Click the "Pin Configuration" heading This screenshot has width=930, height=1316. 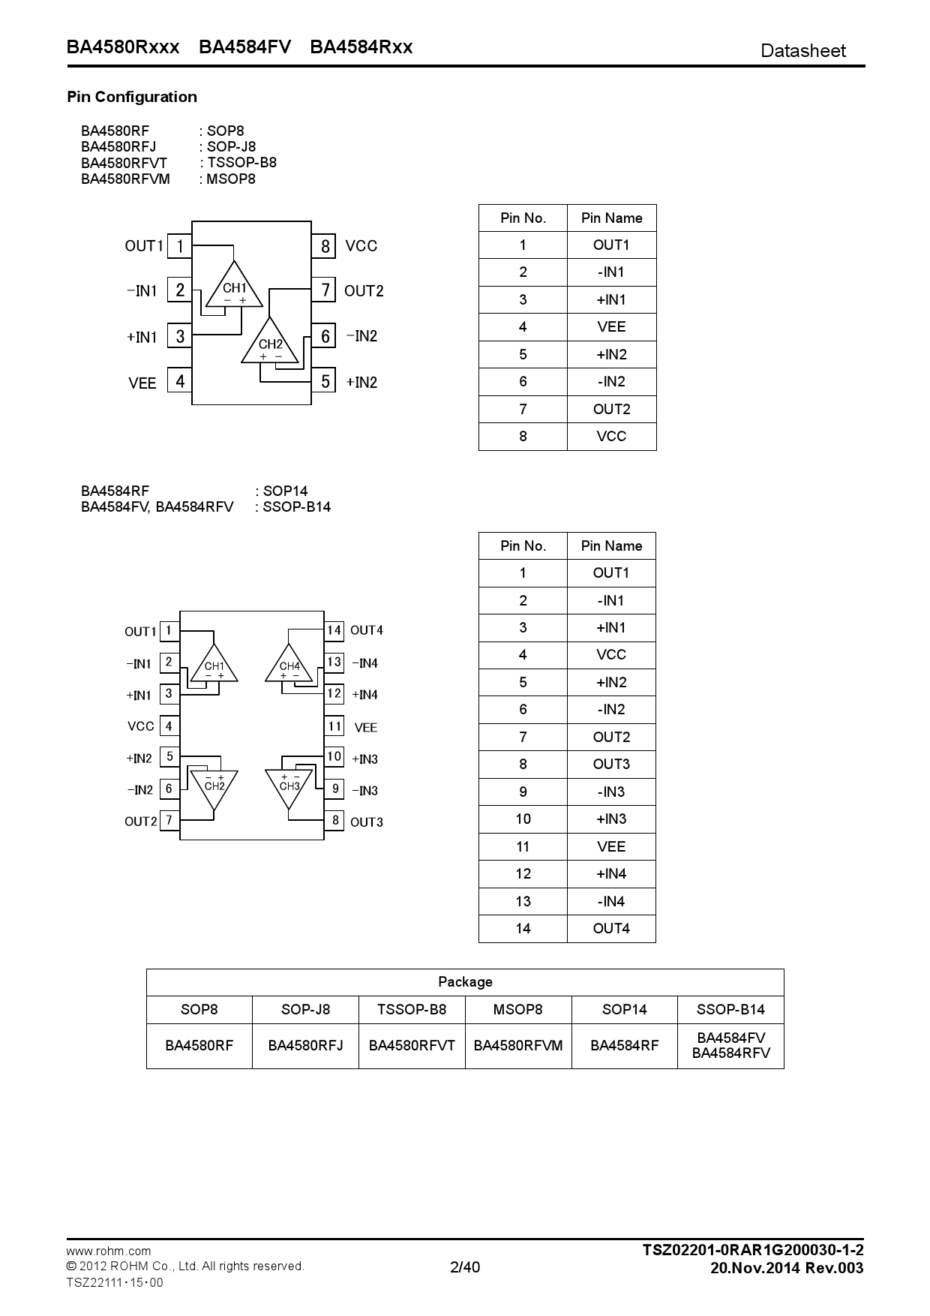click(x=132, y=97)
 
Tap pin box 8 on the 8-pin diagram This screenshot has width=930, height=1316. click(x=325, y=246)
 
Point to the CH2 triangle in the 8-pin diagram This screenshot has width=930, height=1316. click(x=270, y=344)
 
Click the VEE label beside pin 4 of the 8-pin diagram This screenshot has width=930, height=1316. click(x=142, y=383)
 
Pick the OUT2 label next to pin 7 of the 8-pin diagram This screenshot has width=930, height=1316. click(x=364, y=291)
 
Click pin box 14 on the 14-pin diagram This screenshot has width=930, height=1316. click(x=334, y=630)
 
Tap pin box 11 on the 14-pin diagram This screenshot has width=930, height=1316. click(x=334, y=726)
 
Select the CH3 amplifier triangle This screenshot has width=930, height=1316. click(x=289, y=786)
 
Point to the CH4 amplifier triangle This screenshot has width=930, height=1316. click(x=289, y=666)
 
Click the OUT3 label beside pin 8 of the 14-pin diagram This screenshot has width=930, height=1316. click(x=367, y=822)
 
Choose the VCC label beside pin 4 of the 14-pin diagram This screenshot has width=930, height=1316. click(x=141, y=726)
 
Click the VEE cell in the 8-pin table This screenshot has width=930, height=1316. click(x=611, y=327)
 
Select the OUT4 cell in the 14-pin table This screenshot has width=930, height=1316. click(x=611, y=929)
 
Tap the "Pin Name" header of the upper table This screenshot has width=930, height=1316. click(x=611, y=218)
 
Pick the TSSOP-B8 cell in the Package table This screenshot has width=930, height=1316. click(x=412, y=1010)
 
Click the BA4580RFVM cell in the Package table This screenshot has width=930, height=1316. click(x=518, y=1046)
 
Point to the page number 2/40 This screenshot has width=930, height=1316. click(x=465, y=1267)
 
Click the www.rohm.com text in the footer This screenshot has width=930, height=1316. click(x=109, y=1251)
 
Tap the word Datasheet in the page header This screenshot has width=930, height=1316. click(x=802, y=51)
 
